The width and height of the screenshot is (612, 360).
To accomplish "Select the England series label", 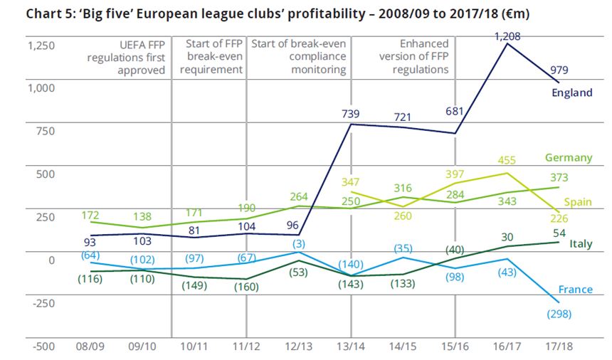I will (x=572, y=92).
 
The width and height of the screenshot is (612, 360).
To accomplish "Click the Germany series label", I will (x=569, y=157).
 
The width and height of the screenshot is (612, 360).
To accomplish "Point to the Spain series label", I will (x=578, y=202).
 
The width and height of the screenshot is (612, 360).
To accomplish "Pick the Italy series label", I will (x=581, y=244).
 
